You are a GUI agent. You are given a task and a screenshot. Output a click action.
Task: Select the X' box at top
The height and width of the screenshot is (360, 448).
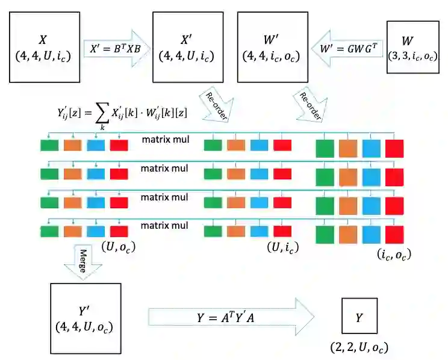point(185,48)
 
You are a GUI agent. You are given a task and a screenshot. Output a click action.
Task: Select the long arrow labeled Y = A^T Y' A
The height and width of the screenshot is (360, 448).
point(231,317)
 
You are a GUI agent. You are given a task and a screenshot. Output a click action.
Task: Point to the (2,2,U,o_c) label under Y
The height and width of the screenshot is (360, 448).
point(359,347)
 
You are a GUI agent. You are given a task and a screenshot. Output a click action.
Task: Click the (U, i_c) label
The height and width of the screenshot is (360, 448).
point(283,246)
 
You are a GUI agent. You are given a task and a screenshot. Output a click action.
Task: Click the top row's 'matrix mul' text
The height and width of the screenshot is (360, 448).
point(165,140)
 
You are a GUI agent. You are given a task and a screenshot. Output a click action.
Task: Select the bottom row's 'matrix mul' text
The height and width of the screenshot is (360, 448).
point(165,225)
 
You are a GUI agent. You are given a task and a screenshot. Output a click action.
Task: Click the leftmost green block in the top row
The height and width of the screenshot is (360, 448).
point(49,145)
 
